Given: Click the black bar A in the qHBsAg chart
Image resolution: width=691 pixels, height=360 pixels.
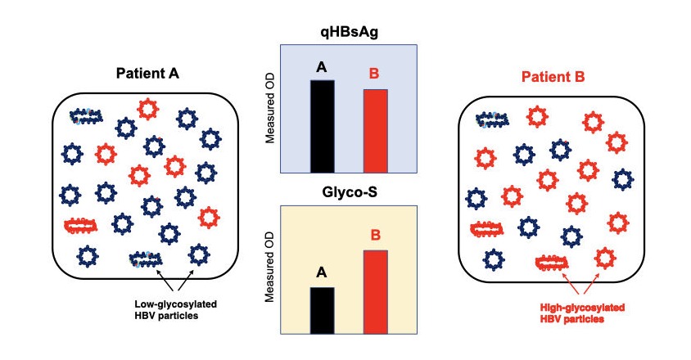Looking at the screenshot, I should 322,126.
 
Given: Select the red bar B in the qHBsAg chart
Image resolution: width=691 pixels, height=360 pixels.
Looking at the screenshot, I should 374,130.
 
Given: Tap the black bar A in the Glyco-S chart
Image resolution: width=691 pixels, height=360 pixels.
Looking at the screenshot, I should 322,310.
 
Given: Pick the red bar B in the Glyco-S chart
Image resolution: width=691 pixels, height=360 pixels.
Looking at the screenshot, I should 374,291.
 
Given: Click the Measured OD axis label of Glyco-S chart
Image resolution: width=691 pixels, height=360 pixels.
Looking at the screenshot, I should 269,270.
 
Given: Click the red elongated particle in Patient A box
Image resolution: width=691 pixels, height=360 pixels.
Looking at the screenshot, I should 82,226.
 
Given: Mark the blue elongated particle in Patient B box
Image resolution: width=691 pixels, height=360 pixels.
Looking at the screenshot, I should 492,120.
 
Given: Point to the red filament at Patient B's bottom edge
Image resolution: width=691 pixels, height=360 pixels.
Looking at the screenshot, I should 551,263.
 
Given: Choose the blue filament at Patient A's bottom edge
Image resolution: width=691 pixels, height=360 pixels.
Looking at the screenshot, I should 147,259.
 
